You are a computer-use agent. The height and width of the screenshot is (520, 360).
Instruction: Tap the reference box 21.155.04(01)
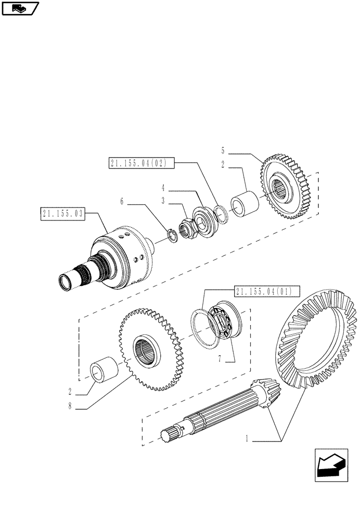[x=264, y=291]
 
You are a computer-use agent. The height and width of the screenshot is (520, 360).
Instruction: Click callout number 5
[x=223, y=151]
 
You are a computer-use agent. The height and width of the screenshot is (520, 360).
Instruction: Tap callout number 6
[x=122, y=201]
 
